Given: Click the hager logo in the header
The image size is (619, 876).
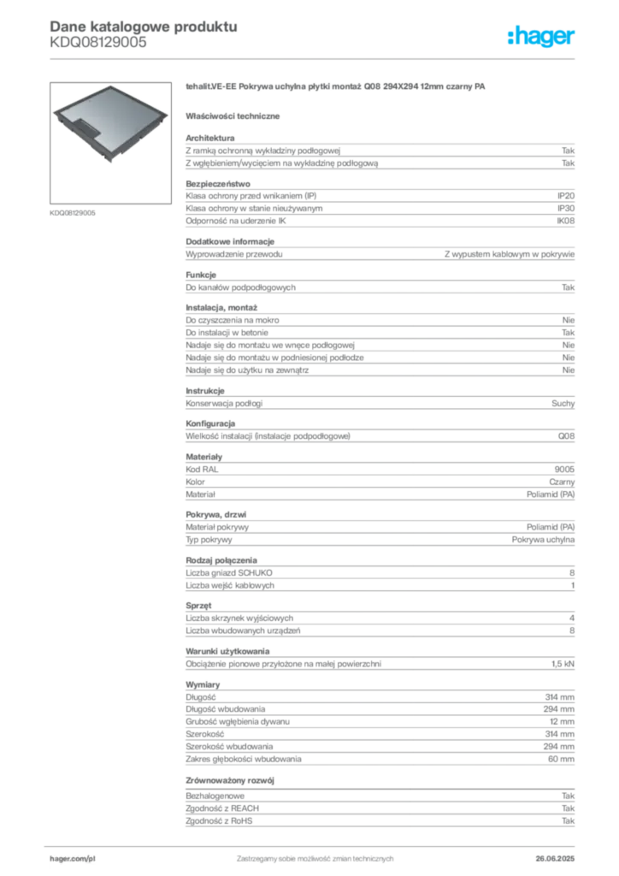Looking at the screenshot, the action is coord(540,36).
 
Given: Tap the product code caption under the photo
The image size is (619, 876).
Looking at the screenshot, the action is coord(73,213).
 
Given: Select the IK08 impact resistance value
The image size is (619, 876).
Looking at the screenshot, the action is coord(565,221).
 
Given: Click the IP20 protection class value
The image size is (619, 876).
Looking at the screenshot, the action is coord(566,196).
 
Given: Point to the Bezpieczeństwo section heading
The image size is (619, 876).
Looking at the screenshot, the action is coord(218,184).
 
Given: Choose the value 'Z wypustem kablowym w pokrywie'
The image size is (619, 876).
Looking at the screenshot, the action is coord(510,254).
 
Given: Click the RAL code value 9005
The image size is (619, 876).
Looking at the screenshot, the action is coord(564,470).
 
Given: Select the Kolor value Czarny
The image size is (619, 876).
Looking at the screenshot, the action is coord(562,482).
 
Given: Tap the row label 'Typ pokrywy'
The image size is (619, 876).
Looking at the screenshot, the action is coord(209,540).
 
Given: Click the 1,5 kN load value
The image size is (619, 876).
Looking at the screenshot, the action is coord(563,664).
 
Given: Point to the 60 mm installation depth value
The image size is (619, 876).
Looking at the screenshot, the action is coord(561,759).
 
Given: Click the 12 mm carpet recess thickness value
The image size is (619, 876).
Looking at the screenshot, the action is coord(562,721).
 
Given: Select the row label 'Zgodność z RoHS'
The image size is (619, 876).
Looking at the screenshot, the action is coord(219,820).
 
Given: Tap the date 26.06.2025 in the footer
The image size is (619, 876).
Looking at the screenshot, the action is coord(555,858).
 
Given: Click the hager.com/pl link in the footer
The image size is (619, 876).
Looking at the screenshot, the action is coord(73,858).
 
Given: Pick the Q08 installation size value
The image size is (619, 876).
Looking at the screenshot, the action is coord(566,435).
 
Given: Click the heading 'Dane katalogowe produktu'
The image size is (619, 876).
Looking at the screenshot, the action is coord(144,27).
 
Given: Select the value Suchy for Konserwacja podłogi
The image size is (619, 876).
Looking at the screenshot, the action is coord(563,404).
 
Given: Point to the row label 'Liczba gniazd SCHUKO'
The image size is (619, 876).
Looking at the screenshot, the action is coord(229,572).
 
